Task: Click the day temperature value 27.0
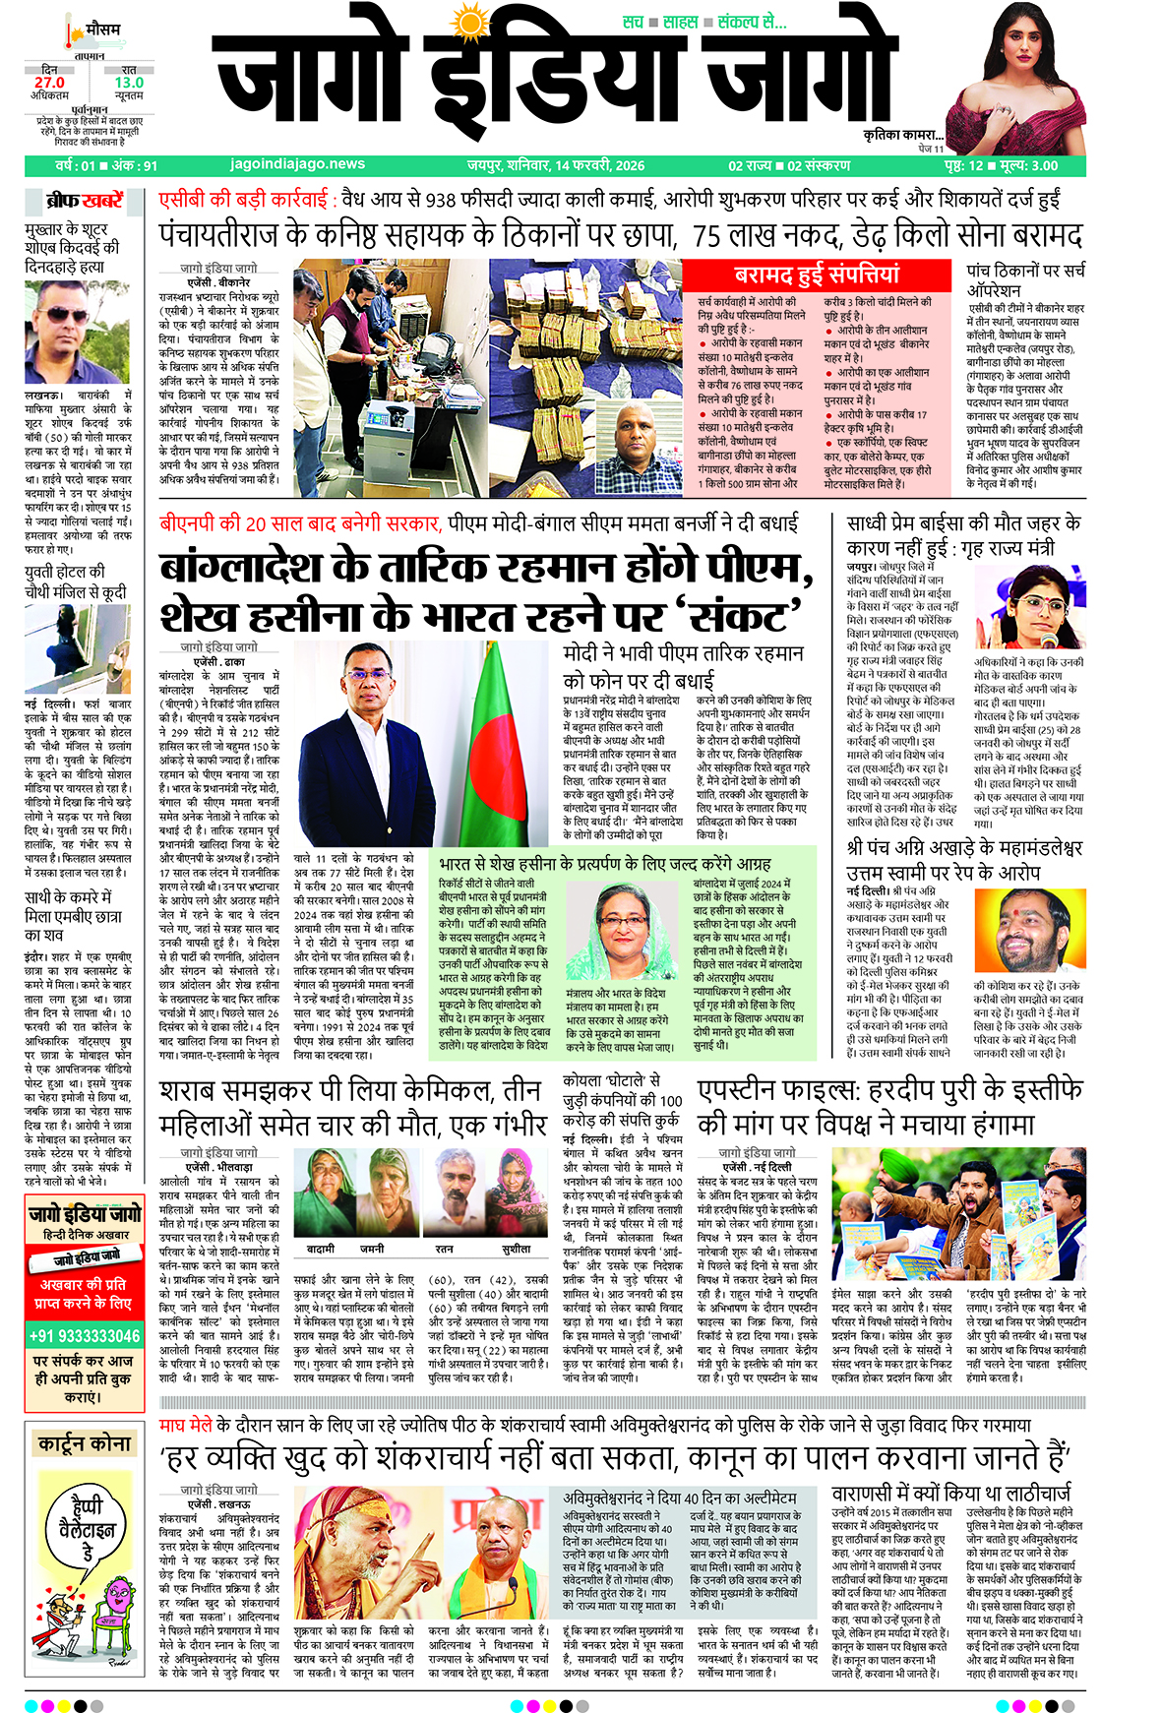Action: coord(49,84)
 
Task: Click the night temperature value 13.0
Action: coord(129,84)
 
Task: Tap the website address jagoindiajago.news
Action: coord(297,165)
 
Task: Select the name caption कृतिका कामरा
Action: coord(902,136)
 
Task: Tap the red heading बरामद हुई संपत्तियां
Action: coord(816,275)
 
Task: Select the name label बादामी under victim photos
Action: coord(321,1248)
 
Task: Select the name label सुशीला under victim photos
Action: coord(516,1248)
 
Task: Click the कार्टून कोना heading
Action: coord(85,1444)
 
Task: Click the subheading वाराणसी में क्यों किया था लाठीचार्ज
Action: coord(950,1494)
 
